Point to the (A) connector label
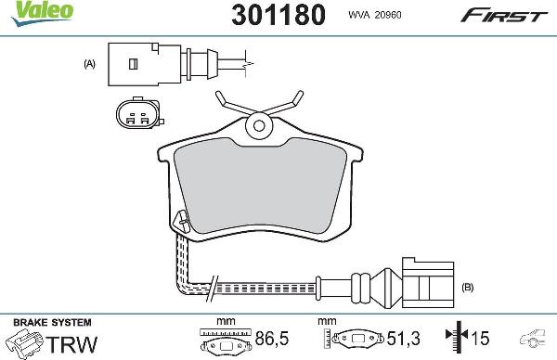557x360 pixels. [90, 64]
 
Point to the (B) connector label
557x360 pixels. [467, 288]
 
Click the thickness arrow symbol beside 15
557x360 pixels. [453, 340]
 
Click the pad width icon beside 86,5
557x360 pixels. [223, 341]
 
